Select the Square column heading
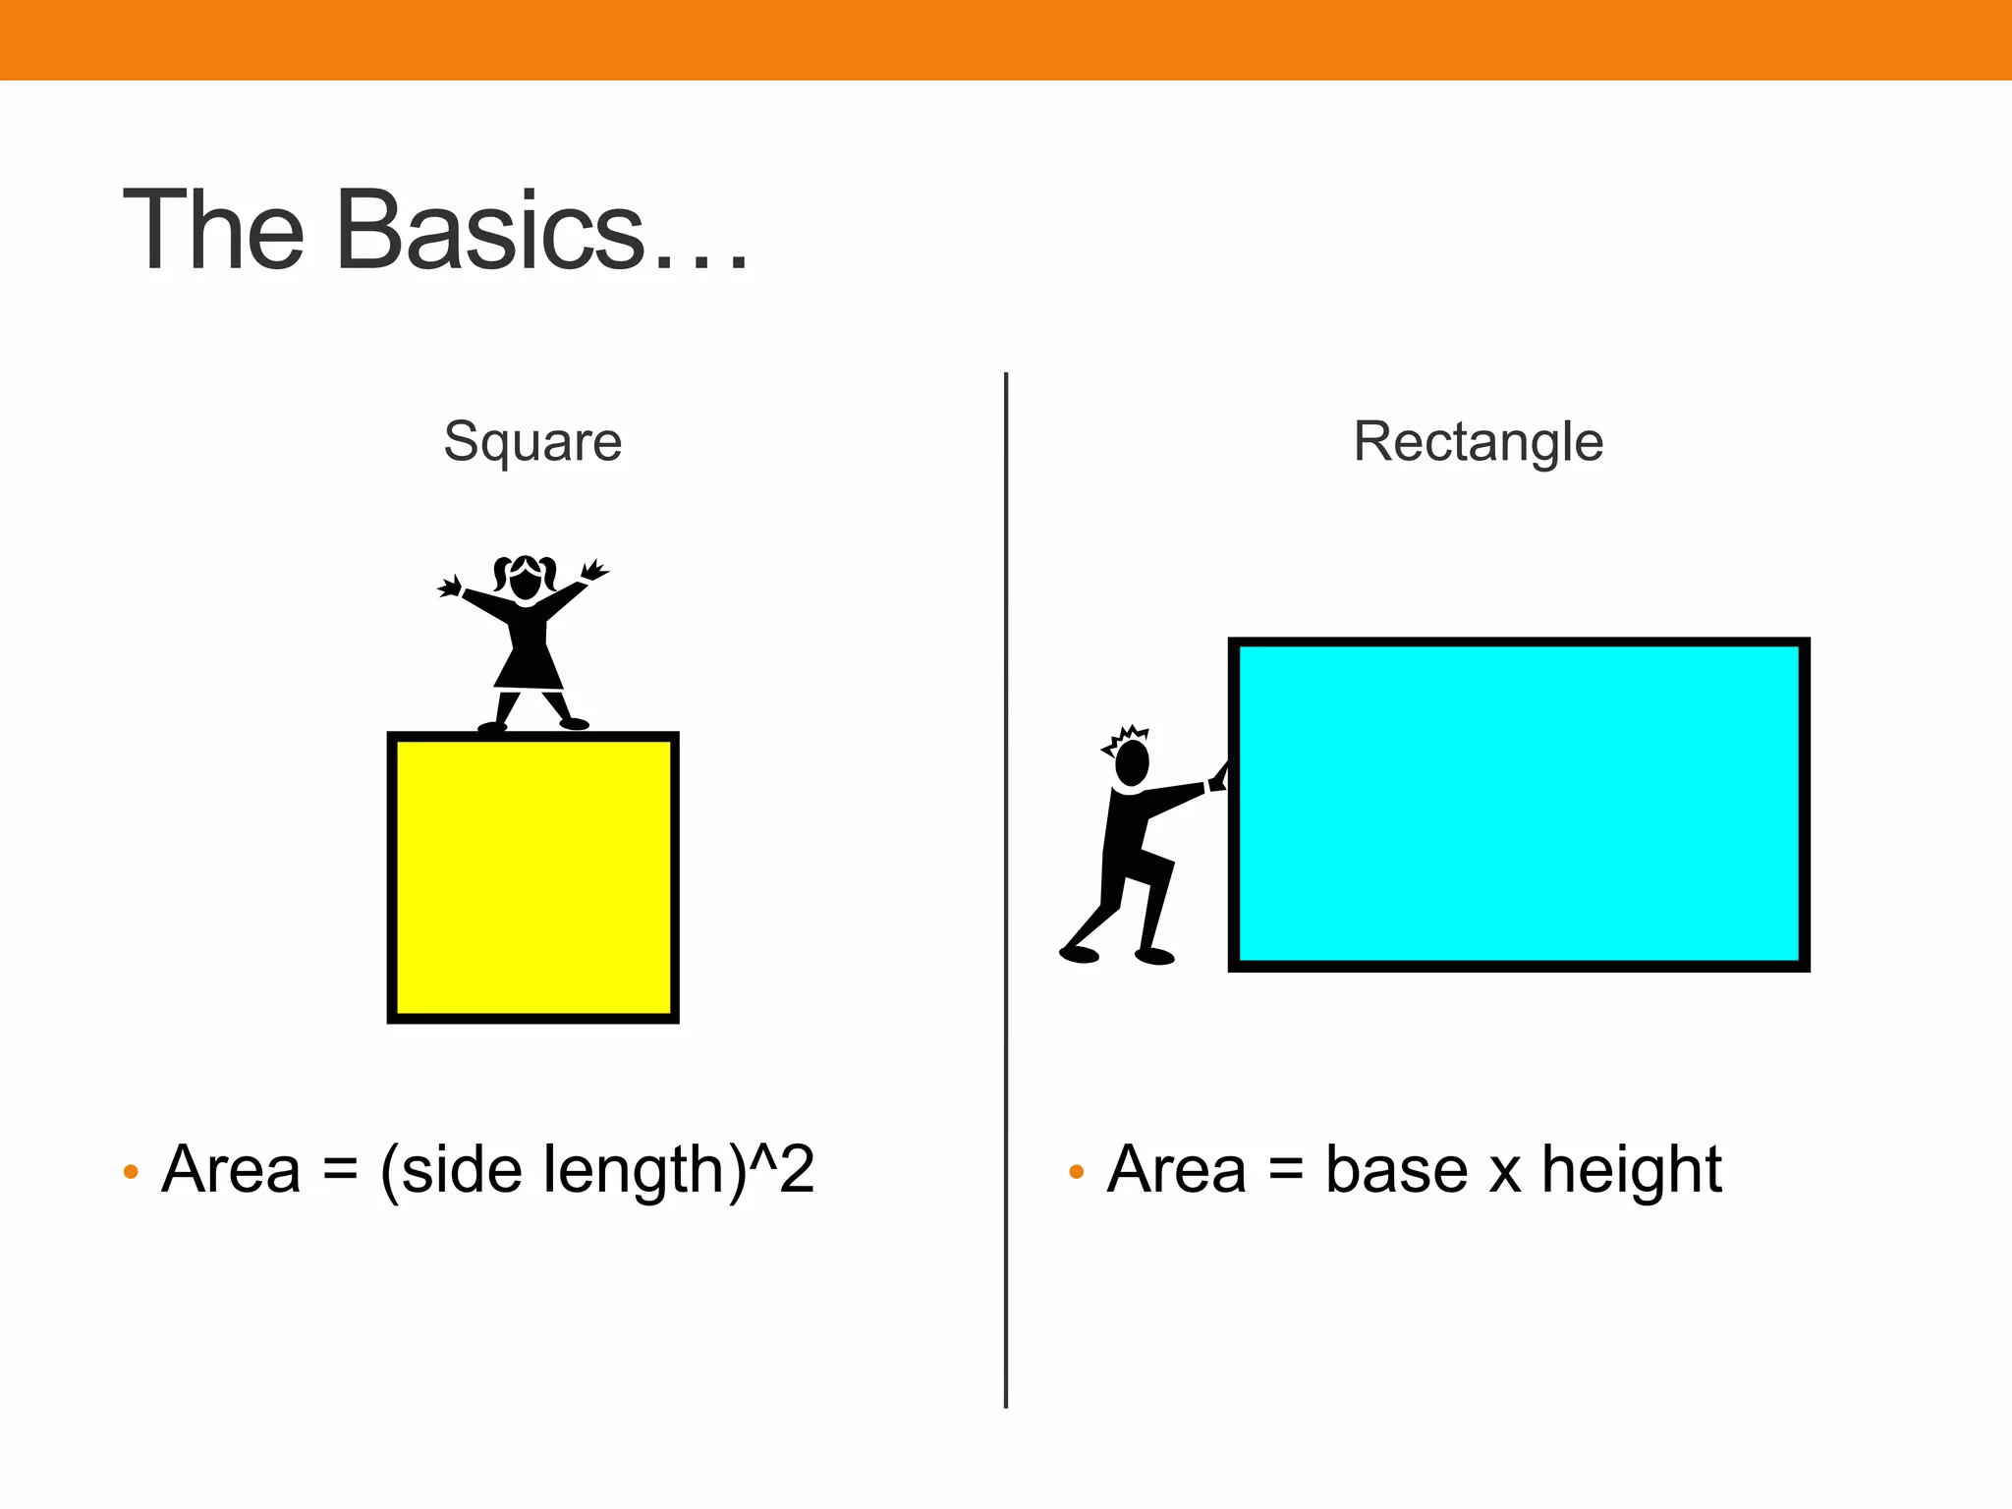532,441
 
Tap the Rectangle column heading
1478,441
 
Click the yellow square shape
532,877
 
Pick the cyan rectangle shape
1519,805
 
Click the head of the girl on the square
526,580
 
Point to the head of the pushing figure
1133,762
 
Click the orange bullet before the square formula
131,1171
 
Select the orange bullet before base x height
1076,1171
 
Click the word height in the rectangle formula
1631,1170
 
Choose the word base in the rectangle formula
1396,1170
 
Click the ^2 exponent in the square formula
782,1168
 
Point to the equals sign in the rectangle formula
1285,1171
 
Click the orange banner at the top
1006,39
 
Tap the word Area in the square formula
232,1170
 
